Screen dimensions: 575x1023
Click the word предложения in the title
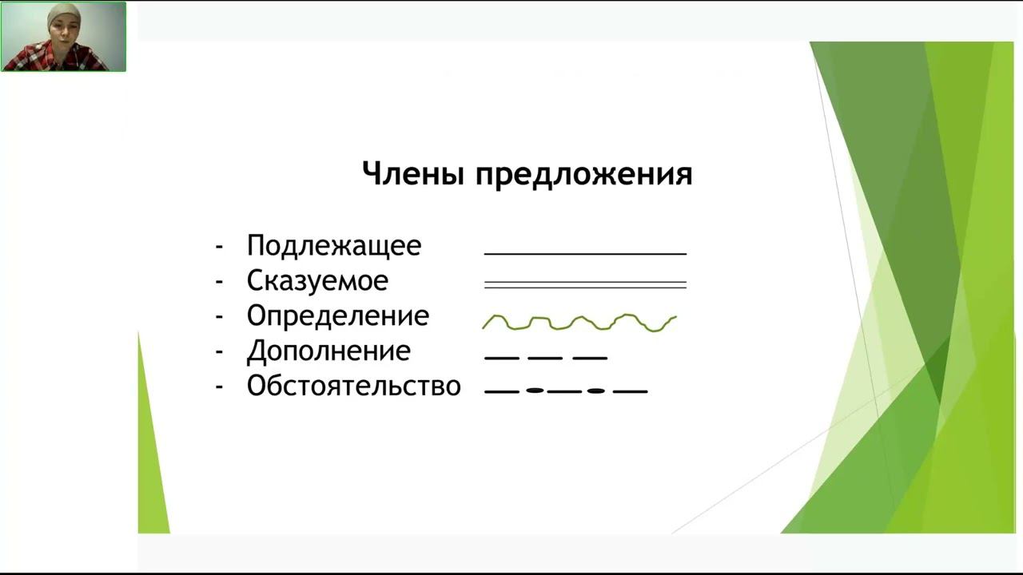pos(583,175)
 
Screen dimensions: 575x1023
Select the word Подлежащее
pos(334,246)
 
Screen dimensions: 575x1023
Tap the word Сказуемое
pos(317,281)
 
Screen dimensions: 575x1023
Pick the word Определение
pos(337,316)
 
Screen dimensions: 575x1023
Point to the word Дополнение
pos(328,351)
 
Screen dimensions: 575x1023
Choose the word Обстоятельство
pos(353,387)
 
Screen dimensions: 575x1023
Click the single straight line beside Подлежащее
pos(585,253)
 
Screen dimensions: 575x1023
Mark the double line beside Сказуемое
pos(585,284)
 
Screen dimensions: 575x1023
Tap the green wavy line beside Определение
pos(579,322)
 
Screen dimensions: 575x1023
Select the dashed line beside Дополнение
pos(546,358)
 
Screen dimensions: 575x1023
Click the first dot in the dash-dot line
pos(535,391)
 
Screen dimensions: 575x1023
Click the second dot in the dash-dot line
pos(595,391)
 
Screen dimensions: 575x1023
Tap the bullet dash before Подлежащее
pos(219,246)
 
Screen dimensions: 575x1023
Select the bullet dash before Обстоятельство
pos(219,387)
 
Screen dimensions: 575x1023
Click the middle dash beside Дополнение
pos(546,358)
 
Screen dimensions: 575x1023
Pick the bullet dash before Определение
pos(219,316)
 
